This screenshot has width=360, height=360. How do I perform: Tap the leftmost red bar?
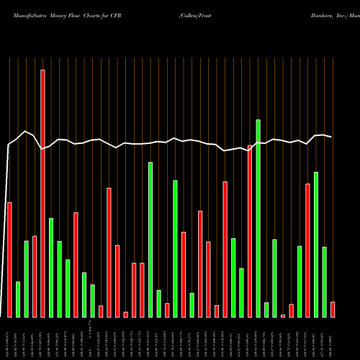click(x=9, y=259)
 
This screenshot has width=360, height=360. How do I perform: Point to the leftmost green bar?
click(x=18, y=299)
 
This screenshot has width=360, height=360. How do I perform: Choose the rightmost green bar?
click(x=325, y=282)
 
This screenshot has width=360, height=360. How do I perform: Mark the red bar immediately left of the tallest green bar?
click(x=250, y=230)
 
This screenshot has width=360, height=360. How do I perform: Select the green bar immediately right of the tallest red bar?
click(x=51, y=267)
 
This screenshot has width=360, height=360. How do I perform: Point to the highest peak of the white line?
click(x=26, y=131)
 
